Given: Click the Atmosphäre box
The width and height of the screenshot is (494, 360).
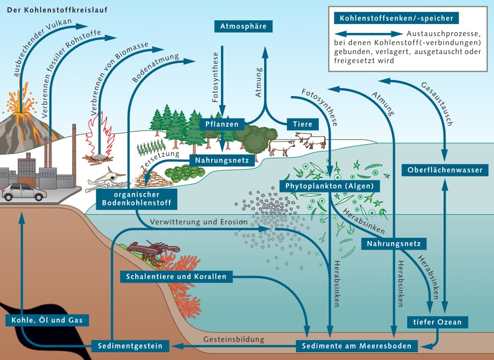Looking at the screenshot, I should [243, 27].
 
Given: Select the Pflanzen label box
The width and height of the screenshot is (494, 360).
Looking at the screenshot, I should [222, 124].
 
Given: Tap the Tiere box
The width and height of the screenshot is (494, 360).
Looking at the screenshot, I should [302, 124].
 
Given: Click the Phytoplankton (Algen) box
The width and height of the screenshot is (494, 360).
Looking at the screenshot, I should [330, 186].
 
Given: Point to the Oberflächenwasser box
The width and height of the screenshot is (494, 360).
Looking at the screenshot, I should [445, 170].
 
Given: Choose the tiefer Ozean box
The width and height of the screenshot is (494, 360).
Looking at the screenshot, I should [437, 323].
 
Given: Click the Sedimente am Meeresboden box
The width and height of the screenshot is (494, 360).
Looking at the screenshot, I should [357, 346].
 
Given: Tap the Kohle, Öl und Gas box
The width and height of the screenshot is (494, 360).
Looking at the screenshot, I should [47, 319].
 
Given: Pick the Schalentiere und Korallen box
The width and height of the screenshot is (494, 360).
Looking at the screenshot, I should [176, 277].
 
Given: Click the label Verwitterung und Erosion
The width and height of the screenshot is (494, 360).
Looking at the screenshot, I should [198, 222].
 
